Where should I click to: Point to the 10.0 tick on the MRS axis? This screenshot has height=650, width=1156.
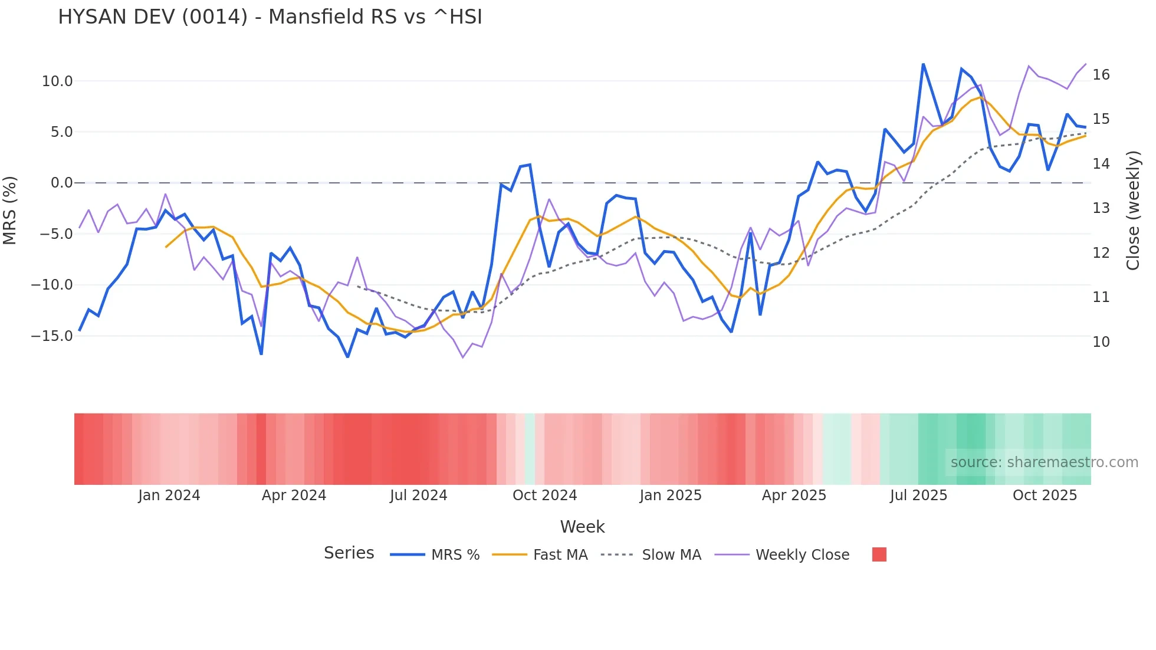[57, 81]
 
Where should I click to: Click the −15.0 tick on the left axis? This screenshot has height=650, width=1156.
[52, 336]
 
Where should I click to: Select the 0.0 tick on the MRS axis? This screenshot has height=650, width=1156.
[62, 183]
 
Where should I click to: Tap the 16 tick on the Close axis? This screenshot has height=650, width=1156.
[1101, 75]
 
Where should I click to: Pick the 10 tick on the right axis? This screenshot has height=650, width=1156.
[1101, 342]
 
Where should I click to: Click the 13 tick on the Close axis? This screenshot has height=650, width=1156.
[1101, 208]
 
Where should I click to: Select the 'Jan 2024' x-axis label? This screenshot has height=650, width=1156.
[169, 495]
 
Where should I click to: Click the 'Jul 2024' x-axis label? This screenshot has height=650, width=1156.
[419, 495]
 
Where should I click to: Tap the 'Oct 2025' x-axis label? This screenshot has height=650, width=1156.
[1045, 495]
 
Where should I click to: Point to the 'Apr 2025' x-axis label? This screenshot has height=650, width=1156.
[794, 495]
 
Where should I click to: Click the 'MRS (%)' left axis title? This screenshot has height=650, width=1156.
[10, 211]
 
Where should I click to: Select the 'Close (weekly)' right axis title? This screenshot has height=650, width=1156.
[1133, 211]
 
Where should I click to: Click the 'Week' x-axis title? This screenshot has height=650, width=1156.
[582, 527]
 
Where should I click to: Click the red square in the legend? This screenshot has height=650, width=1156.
[879, 554]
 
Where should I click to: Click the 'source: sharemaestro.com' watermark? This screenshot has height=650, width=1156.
[1044, 462]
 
